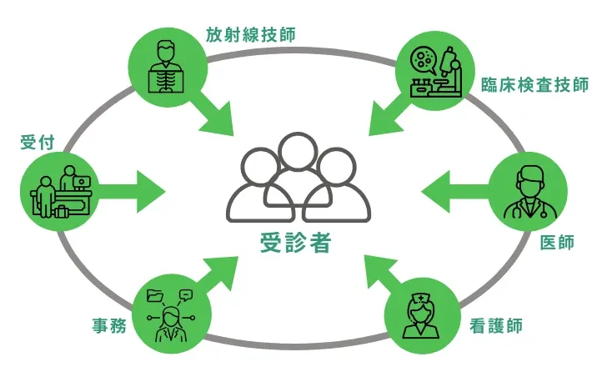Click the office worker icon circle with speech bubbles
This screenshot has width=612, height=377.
(x=170, y=309)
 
